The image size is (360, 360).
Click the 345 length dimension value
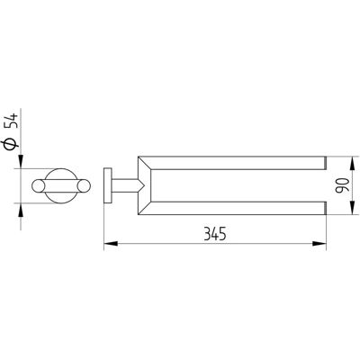[215, 234]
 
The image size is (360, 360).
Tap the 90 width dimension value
[343, 185]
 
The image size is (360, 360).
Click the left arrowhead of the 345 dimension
[111, 244]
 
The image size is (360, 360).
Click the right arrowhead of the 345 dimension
[319, 244]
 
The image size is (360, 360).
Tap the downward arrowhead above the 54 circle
[21, 161]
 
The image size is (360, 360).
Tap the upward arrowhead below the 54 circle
[21, 210]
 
